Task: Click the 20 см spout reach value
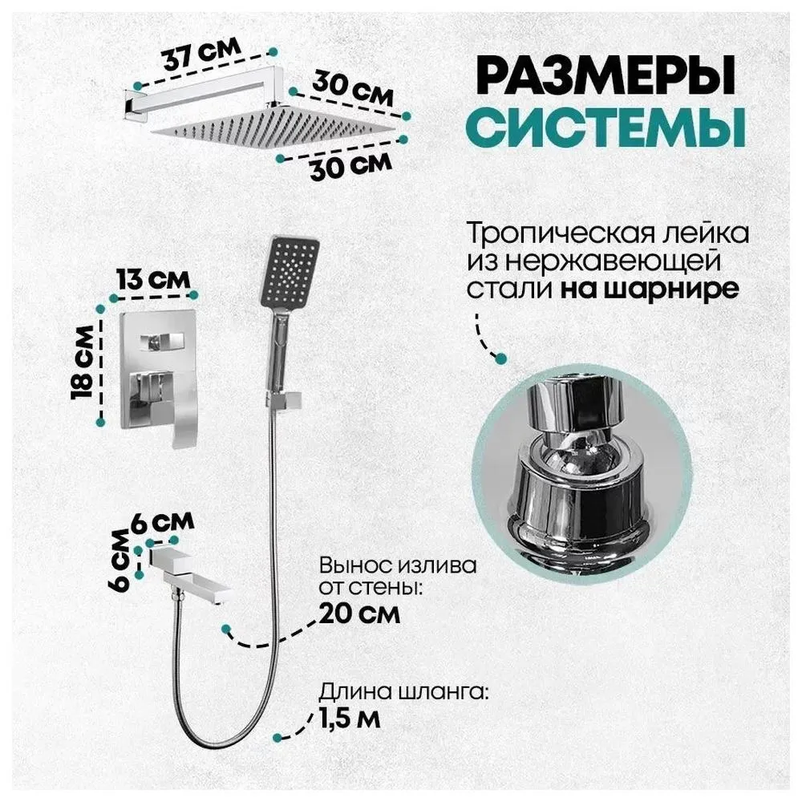pyautogui.click(x=359, y=614)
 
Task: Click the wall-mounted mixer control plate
pyautogui.click(x=159, y=371)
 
